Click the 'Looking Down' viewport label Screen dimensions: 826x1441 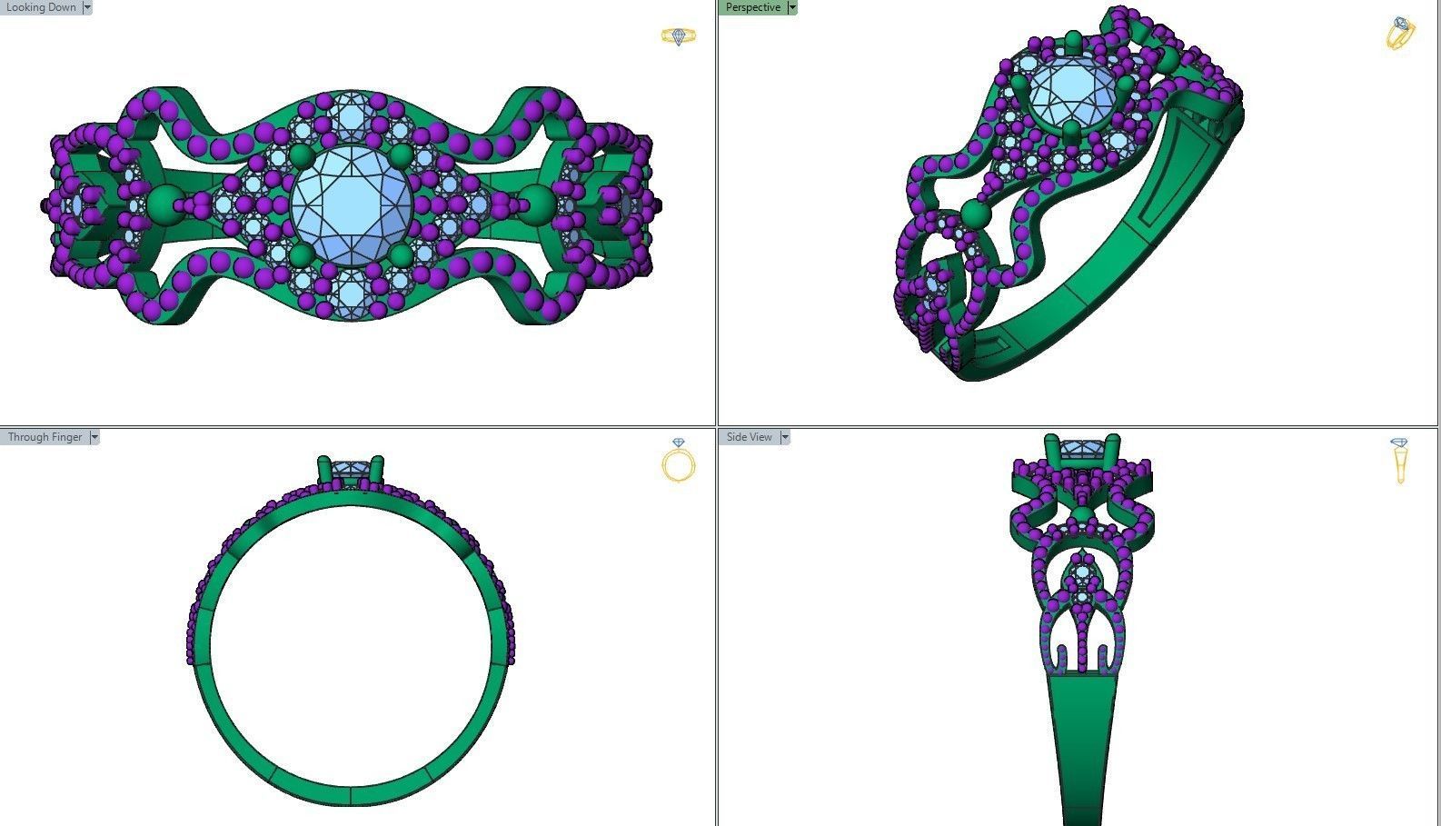pos(40,7)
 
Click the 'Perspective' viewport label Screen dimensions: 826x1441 pos(752,7)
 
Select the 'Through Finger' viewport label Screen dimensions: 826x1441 pos(45,437)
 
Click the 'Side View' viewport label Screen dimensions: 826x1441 pos(749,437)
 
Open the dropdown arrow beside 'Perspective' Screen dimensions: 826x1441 pos(792,7)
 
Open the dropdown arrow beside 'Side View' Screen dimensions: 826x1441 pos(785,437)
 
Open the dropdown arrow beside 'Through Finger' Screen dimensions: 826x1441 pos(94,437)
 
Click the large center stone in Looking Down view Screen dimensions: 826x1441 pos(352,207)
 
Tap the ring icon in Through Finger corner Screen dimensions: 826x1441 pos(678,461)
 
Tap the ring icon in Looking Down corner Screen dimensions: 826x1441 pos(678,36)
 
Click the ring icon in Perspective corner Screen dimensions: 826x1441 pos(1400,34)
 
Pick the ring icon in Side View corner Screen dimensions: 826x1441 pos(1399,460)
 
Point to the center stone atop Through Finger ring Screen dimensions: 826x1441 pos(351,470)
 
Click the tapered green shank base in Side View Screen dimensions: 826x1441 pos(1081,745)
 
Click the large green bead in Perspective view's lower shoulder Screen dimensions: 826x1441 pos(975,215)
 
